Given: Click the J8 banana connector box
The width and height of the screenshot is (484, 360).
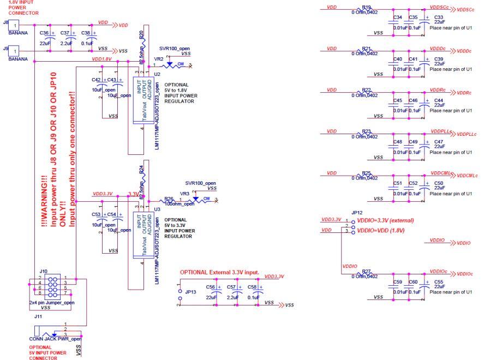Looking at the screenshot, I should pos(16,25).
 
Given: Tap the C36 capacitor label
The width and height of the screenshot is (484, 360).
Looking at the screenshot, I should pos(45,33).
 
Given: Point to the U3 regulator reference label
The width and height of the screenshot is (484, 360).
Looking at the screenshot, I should pos(157,209).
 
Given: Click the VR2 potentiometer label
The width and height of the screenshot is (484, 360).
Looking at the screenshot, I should pos(159,58).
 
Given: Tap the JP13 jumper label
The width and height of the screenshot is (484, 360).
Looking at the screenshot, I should pos(190,292).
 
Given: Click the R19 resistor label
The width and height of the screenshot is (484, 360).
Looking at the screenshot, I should pos(366,7).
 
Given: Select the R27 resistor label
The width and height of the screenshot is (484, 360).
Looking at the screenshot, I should pos(366,271).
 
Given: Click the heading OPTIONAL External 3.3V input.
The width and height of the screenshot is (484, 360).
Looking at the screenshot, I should pos(219,272).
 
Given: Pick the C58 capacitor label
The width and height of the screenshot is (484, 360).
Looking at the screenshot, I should pos(252,286).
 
